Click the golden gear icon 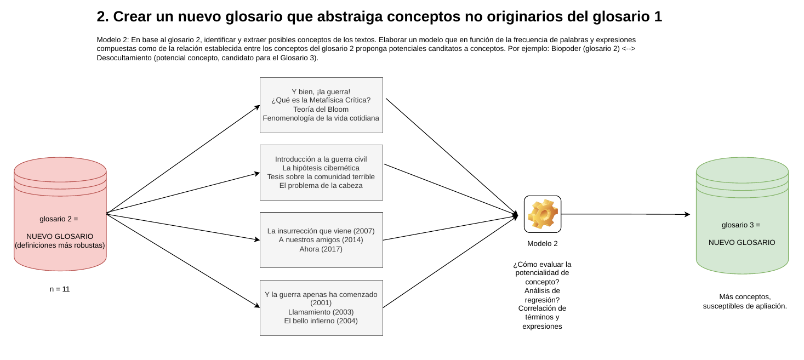[543, 214]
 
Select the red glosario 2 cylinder [60, 214]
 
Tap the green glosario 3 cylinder [742, 215]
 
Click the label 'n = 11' [60, 289]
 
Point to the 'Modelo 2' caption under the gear [543, 244]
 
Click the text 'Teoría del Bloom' [321, 110]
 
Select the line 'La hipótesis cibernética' [321, 168]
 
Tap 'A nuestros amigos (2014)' [321, 240]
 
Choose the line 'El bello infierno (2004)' [321, 321]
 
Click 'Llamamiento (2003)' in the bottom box [321, 312]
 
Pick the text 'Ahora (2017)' [321, 249]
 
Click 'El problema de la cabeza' [321, 186]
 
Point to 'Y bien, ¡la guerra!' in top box [321, 92]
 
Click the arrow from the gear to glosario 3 [625, 214]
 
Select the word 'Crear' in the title [132, 16]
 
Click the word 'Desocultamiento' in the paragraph [124, 58]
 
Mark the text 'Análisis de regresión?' [542, 295]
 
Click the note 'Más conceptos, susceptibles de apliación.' [745, 301]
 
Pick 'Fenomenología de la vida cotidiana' [321, 118]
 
